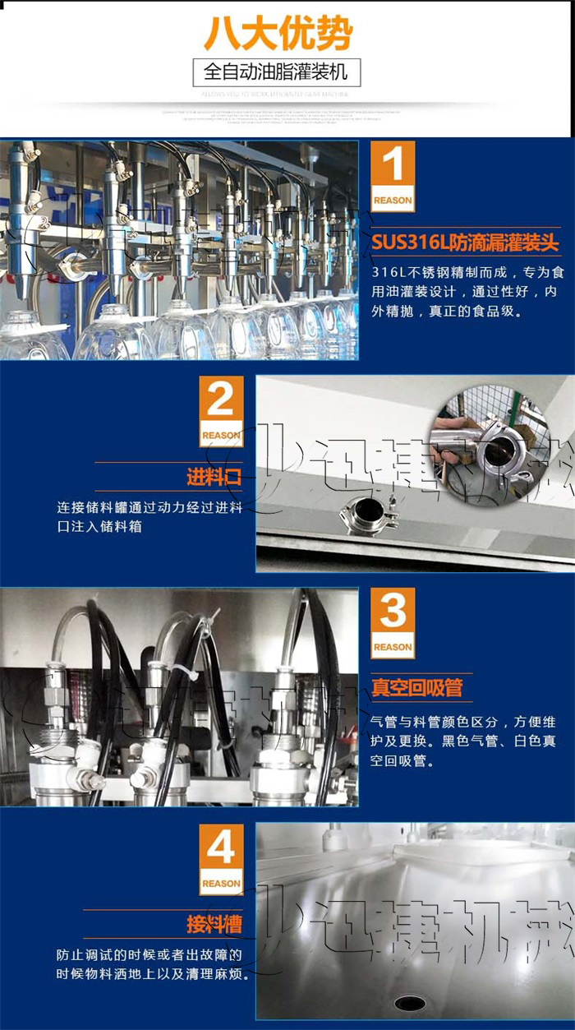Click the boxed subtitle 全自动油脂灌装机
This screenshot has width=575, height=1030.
click(x=276, y=72)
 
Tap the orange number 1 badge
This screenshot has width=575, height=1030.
click(x=393, y=176)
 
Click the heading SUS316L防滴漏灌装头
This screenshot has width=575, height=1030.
click(x=465, y=242)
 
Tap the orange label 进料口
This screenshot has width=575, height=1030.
click(x=214, y=478)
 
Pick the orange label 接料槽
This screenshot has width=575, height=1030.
click(x=214, y=925)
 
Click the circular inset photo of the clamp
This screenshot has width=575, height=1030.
click(x=490, y=445)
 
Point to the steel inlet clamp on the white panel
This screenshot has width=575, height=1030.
click(x=368, y=514)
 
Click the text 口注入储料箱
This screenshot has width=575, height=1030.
click(x=99, y=526)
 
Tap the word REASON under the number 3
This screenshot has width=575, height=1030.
click(x=393, y=647)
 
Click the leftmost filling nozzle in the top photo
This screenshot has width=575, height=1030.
click(x=25, y=222)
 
